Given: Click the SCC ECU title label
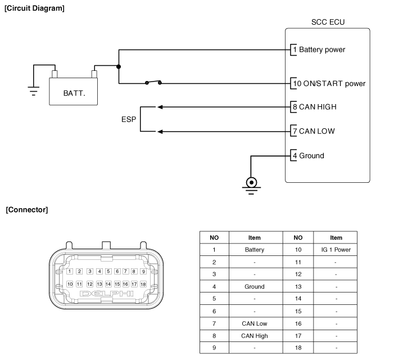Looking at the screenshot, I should [328, 22].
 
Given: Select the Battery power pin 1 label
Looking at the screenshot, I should [321, 49].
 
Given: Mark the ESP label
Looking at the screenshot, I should [129, 119].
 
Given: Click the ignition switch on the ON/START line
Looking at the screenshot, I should [153, 83].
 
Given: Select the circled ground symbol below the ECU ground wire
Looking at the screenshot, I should [252, 182].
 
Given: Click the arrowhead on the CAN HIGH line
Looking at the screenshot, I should [160, 107].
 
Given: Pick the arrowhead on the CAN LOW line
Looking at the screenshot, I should [160, 132].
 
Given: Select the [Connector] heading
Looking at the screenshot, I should [27, 210].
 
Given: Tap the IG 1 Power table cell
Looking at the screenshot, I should [336, 249].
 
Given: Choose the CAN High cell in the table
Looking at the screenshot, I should [255, 336].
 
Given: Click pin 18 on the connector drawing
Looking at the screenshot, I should [143, 284].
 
